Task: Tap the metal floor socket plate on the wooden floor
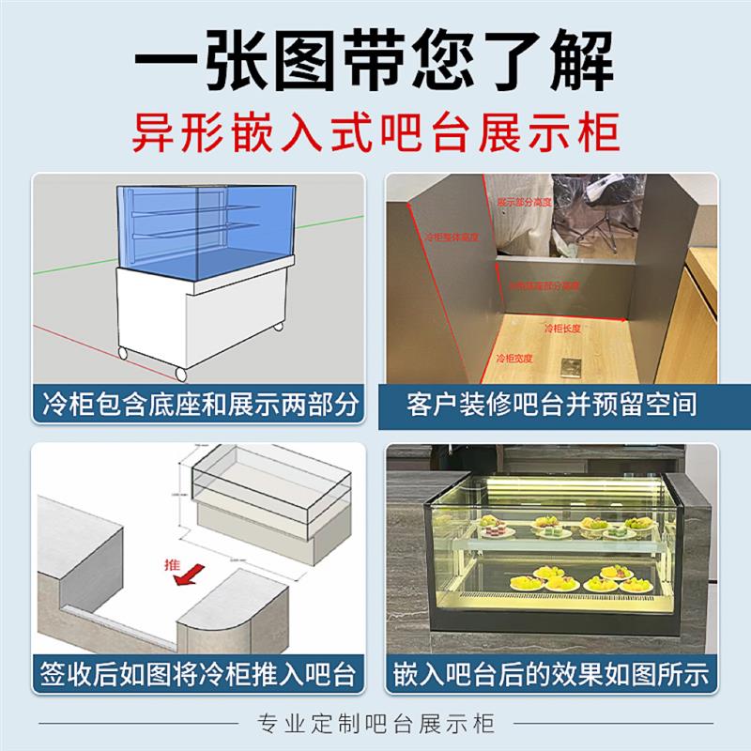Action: tap(568, 366)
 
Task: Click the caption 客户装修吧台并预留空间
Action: tap(553, 406)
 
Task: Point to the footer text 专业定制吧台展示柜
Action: tap(375, 724)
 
